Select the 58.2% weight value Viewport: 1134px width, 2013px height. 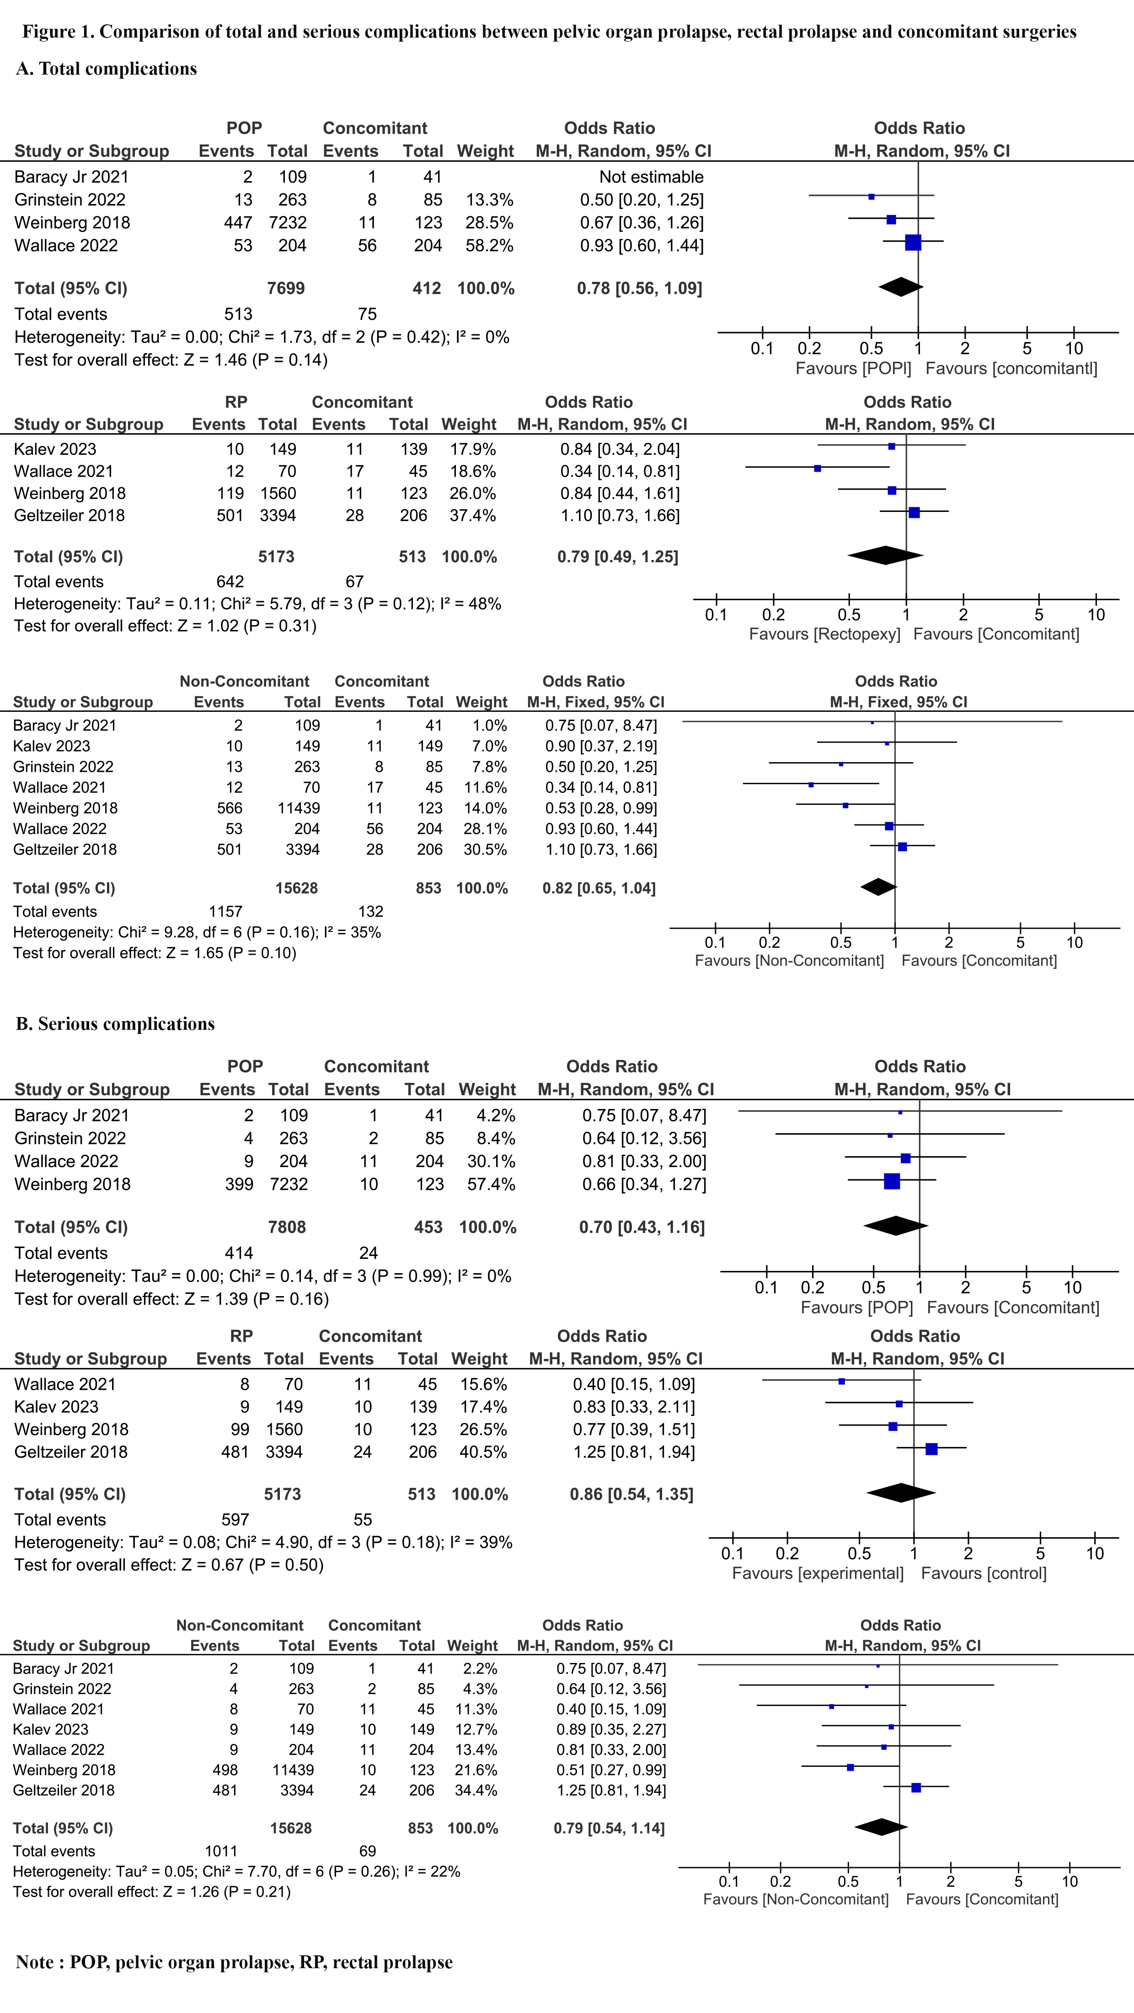490,245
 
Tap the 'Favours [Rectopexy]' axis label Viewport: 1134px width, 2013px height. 825,634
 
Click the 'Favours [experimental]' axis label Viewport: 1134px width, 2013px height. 818,1573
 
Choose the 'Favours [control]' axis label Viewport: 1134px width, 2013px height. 984,1573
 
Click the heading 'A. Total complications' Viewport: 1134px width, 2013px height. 106,69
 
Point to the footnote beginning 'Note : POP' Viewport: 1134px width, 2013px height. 234,1962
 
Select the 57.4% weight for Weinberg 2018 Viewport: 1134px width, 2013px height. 491,1184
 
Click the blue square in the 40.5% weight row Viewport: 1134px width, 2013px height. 931,1449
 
